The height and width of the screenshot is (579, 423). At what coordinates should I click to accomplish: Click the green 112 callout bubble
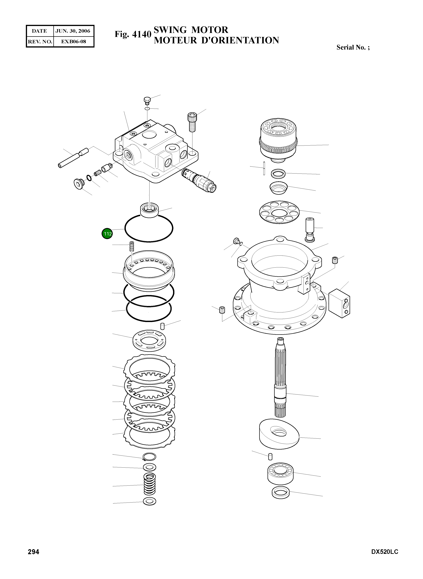click(x=107, y=233)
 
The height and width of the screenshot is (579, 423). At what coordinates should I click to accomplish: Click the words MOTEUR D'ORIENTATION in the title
click(x=216, y=40)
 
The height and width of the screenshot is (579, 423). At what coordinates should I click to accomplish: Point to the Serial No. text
click(x=353, y=47)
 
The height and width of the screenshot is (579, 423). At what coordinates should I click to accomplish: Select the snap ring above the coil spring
click(x=149, y=457)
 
